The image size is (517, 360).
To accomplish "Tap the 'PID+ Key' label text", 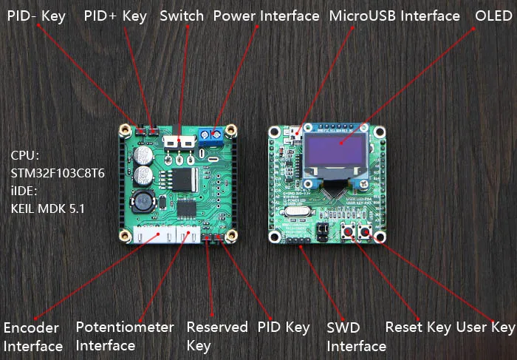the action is [115, 16].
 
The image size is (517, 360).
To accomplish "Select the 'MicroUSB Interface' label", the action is [394, 16].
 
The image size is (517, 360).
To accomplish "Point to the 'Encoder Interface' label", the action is [33, 336].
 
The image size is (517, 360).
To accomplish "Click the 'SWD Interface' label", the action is [356, 336].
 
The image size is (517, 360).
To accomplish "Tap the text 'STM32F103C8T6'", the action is [58, 174].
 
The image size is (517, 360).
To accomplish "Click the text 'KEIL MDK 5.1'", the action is [48, 208].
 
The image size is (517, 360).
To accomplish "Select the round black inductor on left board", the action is [143, 201].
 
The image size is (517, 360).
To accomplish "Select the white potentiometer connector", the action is [187, 236].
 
